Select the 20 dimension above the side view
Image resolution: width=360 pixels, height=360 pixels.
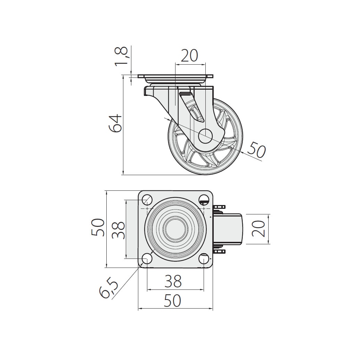pos(190,56)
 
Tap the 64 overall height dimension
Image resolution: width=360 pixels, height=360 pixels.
pos(115,123)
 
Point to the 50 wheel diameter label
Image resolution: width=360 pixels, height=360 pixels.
pos(256,150)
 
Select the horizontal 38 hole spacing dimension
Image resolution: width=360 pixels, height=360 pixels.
pos(173,281)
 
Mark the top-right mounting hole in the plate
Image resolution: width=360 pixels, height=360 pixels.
pos(204,199)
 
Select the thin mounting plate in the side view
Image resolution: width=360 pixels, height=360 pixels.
pos(175,76)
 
